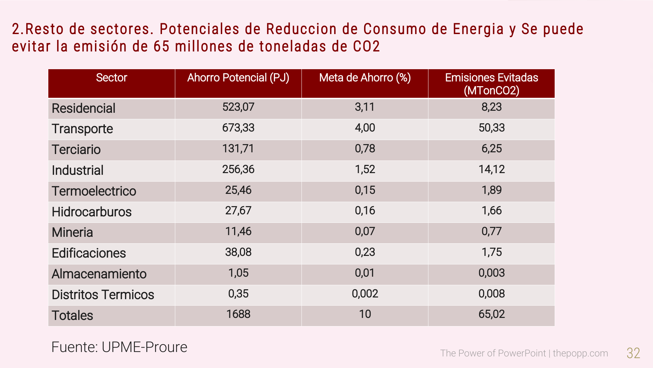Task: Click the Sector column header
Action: point(112,78)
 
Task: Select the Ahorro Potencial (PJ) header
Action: point(238,78)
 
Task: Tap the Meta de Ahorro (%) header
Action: point(365,78)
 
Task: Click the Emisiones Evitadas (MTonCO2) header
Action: point(491,84)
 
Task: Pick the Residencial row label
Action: point(83,108)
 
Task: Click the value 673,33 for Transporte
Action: point(238,128)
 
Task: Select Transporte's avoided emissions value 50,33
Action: point(491,128)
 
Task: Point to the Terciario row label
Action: point(76,150)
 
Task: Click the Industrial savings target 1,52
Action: point(365,169)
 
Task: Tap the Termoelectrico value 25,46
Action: point(238,190)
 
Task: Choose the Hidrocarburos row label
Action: point(92,212)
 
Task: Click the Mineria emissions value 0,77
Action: point(491,231)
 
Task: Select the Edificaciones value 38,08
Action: point(238,252)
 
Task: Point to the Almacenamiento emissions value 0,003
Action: point(491,273)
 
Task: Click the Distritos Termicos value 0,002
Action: point(365,294)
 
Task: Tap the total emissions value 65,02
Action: point(491,314)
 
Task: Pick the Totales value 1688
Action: point(238,314)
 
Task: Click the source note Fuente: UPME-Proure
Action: point(119,347)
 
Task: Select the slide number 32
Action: point(633,353)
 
